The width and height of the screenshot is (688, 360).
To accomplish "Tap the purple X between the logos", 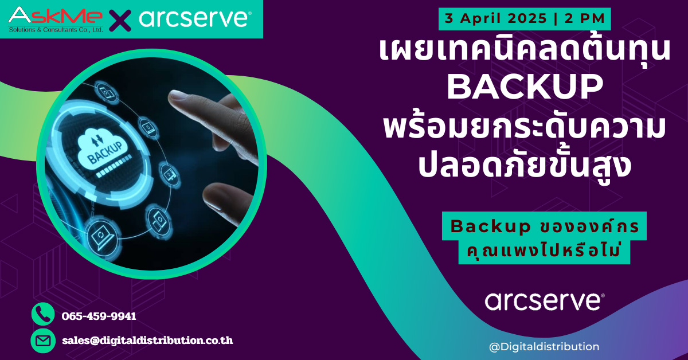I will [x=119, y=19].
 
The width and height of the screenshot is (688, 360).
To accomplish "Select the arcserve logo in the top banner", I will [x=194, y=18].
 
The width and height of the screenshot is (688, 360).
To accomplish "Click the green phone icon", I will [x=43, y=315].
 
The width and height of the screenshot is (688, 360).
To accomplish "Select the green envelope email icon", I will [x=43, y=341].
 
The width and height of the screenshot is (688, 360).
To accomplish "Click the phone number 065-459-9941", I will [x=99, y=316].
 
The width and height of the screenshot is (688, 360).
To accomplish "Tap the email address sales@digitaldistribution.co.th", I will [x=147, y=341].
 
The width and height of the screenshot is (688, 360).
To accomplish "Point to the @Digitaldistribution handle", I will [x=544, y=346].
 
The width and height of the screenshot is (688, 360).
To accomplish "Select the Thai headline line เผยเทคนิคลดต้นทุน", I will [x=525, y=50].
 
